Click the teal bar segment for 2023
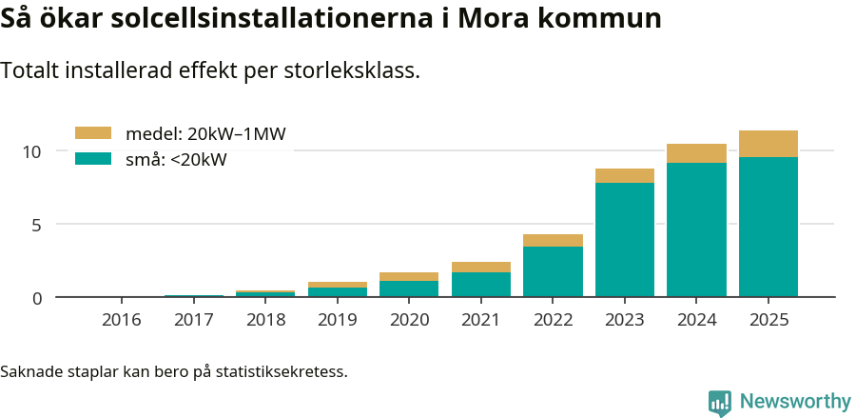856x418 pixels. tap(625, 239)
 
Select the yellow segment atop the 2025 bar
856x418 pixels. tap(768, 144)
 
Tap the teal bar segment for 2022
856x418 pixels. tap(553, 271)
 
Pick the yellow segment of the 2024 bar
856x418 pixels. tap(696, 153)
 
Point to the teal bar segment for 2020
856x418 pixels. tap(409, 289)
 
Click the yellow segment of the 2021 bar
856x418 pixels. tap(481, 267)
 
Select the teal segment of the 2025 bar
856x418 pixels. tap(768, 227)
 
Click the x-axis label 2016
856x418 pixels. tap(121, 319)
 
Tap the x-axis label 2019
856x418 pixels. tap(337, 319)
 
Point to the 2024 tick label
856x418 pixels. tap(696, 319)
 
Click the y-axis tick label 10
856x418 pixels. tap(32, 151)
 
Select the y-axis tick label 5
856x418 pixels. tap(37, 225)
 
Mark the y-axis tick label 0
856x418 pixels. tap(37, 298)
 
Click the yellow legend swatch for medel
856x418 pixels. tap(93, 133)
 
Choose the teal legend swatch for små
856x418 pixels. tap(93, 159)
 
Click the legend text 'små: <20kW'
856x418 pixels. tap(176, 160)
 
